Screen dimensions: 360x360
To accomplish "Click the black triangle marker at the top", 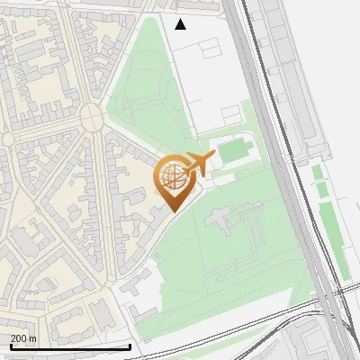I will [181, 24].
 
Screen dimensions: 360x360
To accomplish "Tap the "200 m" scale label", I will [23, 338].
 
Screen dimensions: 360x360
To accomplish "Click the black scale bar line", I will [70, 346].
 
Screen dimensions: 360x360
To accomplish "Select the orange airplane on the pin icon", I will [197, 165].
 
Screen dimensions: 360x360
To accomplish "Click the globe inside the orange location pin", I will [171, 177].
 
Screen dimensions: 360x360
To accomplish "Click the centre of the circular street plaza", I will [92, 117].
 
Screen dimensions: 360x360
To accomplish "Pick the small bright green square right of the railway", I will [317, 171].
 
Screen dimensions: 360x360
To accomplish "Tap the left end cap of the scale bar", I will [11, 346].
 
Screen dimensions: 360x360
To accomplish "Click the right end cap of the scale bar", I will [130, 346].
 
